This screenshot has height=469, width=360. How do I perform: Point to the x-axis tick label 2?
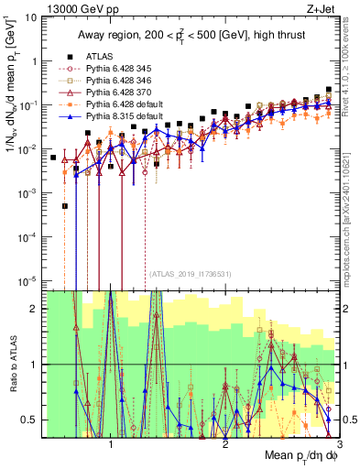pos(225,440)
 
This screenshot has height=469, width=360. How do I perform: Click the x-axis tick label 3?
pos(339,440)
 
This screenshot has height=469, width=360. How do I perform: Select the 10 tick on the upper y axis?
pos(34,16)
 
